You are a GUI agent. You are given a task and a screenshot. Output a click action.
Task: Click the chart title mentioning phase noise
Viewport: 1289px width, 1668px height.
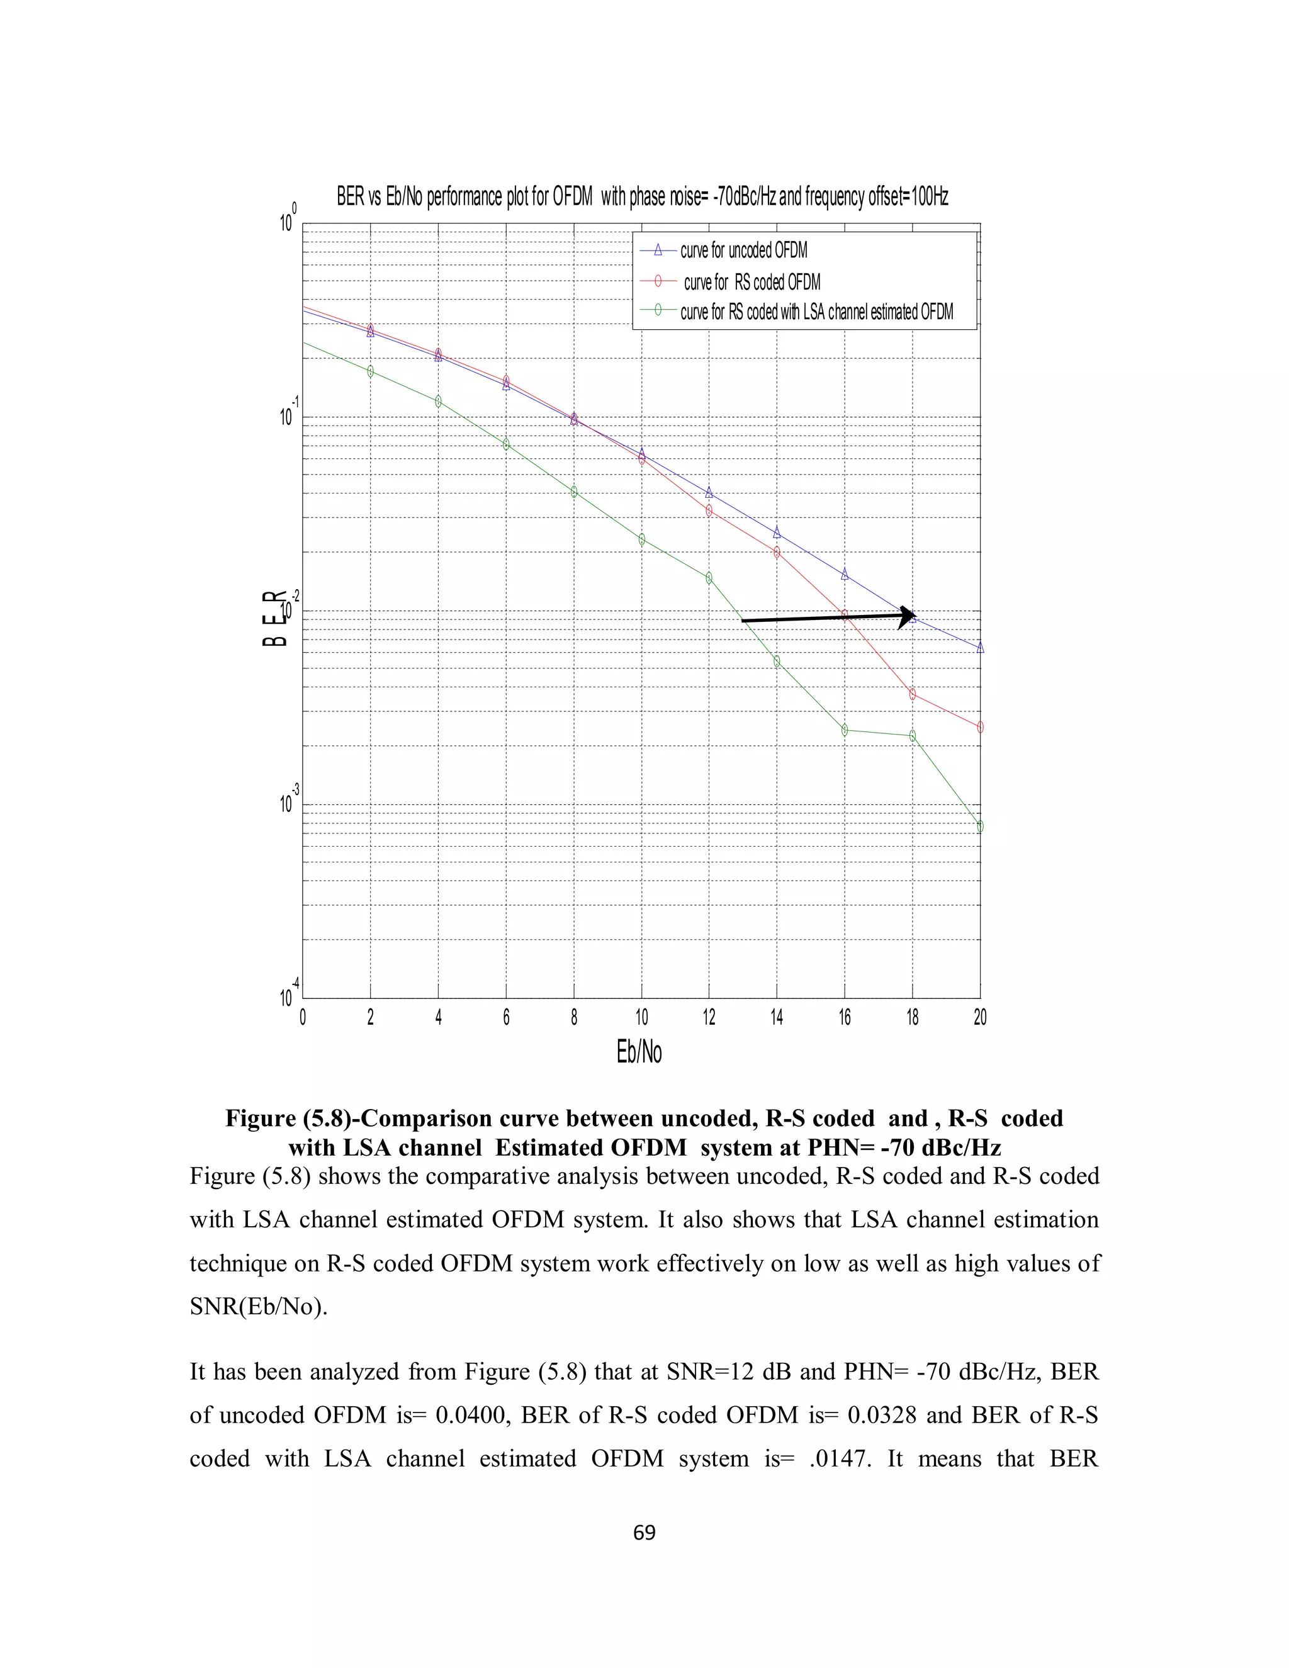tap(642, 197)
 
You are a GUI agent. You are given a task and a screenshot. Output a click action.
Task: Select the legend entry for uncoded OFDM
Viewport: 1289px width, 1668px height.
tap(743, 251)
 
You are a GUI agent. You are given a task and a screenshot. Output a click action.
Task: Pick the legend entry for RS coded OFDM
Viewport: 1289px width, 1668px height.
tap(751, 282)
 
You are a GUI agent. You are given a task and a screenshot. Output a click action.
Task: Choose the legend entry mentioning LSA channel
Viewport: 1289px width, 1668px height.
tap(816, 312)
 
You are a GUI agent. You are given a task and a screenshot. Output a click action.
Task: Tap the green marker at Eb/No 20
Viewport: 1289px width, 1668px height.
tap(980, 826)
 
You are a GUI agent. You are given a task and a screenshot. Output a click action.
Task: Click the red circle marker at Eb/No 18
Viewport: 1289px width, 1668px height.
tap(913, 694)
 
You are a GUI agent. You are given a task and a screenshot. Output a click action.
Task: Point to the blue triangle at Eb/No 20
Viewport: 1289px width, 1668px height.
tap(980, 648)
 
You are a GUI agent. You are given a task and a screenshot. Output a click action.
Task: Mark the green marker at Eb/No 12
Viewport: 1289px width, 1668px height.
tap(709, 578)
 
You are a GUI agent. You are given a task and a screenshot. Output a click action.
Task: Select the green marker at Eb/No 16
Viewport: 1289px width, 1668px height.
tap(845, 730)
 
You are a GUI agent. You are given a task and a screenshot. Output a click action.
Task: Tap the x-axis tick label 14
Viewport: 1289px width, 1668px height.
tap(777, 1017)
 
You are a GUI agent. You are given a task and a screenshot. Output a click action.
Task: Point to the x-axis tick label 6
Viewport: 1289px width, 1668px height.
tap(505, 1017)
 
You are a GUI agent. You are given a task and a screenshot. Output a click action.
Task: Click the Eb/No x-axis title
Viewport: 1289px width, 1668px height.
tap(639, 1052)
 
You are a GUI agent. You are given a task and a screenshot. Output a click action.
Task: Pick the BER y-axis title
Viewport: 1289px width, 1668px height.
tap(275, 618)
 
